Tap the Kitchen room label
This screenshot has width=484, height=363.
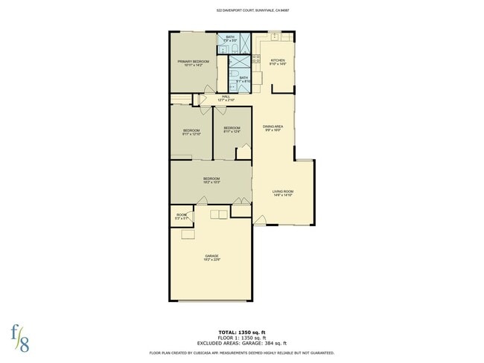point(277,61)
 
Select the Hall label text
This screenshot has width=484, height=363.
point(226,97)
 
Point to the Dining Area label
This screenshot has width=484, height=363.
point(273,127)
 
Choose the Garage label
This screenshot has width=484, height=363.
point(212,257)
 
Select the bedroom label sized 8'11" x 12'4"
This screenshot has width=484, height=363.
point(232,129)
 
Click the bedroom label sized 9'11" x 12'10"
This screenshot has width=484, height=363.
point(191,132)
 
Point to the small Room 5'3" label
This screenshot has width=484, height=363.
point(181,216)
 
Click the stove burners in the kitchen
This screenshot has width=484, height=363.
point(255,59)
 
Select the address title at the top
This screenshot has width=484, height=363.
point(241,11)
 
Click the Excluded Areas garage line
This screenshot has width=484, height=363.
point(241,343)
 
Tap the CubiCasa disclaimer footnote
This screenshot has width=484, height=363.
point(241,353)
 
